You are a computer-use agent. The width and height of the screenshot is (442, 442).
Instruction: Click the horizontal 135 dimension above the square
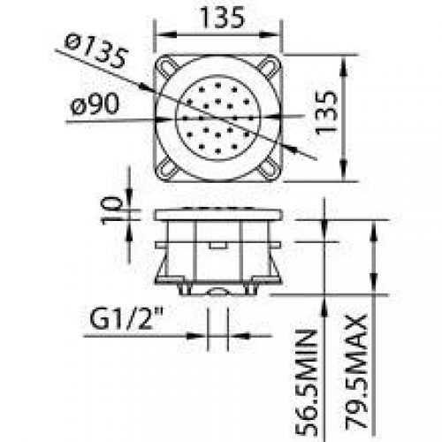222,18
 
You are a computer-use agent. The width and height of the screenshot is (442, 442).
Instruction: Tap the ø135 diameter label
96,51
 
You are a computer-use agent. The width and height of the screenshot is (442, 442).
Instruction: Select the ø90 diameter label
95,103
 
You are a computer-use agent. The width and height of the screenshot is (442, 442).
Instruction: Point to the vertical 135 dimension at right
326,112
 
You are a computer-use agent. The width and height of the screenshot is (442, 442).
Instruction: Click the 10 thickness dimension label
111,211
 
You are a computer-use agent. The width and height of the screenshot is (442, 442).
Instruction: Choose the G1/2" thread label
126,318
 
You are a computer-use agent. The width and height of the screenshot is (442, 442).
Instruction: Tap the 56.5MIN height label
307,383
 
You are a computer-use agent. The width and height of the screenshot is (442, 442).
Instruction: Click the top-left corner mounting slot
167,66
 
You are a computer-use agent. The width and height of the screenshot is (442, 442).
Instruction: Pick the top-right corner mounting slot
269,66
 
